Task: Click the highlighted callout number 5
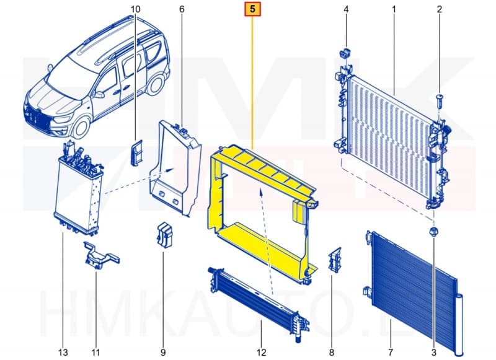pos(253,9)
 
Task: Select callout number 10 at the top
pos(136,9)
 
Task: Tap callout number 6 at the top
pos(182,9)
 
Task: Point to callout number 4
pos(346,9)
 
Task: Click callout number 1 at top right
pos(394,9)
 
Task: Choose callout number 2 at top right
pos(439,9)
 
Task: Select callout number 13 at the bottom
pos(63,353)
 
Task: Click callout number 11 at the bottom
pos(96,353)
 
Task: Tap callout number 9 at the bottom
pos(163,353)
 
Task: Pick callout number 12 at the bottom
pos(261,353)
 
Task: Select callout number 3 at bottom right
pos(434,353)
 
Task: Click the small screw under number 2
pos(440,99)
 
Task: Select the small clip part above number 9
pos(164,235)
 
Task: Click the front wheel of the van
pos(80,128)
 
